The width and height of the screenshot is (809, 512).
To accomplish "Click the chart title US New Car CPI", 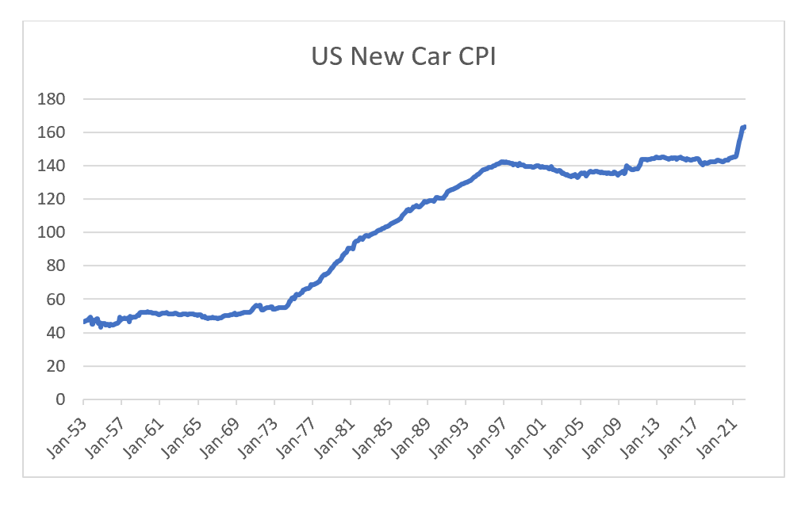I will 404,59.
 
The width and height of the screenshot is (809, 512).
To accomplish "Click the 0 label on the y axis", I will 60,399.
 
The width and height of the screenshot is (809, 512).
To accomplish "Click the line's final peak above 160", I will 744,127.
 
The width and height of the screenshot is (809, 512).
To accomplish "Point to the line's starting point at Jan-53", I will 84,321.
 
